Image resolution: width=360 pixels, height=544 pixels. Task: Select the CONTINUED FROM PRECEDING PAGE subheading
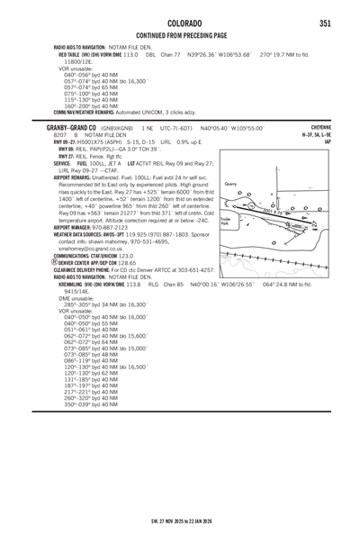[180, 34]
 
